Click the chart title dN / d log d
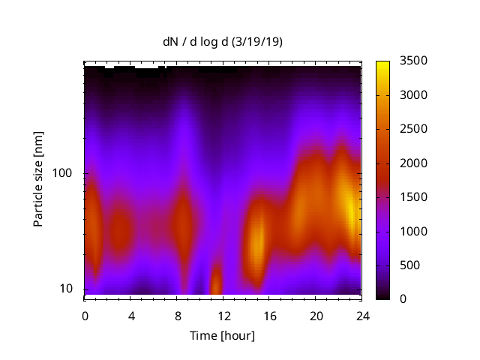196,42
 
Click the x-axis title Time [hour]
222,335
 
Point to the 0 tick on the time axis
85,315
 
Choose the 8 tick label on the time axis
177,315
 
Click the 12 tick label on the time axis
223,315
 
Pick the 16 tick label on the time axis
269,315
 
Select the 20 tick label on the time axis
315,315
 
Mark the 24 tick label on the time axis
361,315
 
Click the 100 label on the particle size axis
61,174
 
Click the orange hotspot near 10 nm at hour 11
216,283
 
